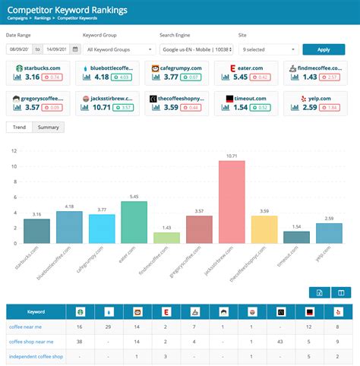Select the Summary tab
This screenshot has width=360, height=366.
[x=49, y=127]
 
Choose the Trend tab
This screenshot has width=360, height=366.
[x=20, y=127]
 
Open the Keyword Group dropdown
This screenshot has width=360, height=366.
[x=117, y=49]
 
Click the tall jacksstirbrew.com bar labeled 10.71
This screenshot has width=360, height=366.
[x=231, y=202]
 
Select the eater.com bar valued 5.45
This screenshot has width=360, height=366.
[x=134, y=222]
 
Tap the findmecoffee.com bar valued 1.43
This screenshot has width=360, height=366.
[x=166, y=238]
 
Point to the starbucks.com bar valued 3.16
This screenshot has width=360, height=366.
[x=36, y=231]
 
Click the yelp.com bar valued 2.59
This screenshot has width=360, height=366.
[x=329, y=233]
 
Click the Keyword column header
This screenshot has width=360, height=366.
[x=36, y=311]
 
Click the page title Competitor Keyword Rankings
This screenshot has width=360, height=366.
[x=67, y=10]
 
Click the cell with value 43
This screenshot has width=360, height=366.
[x=280, y=341]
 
